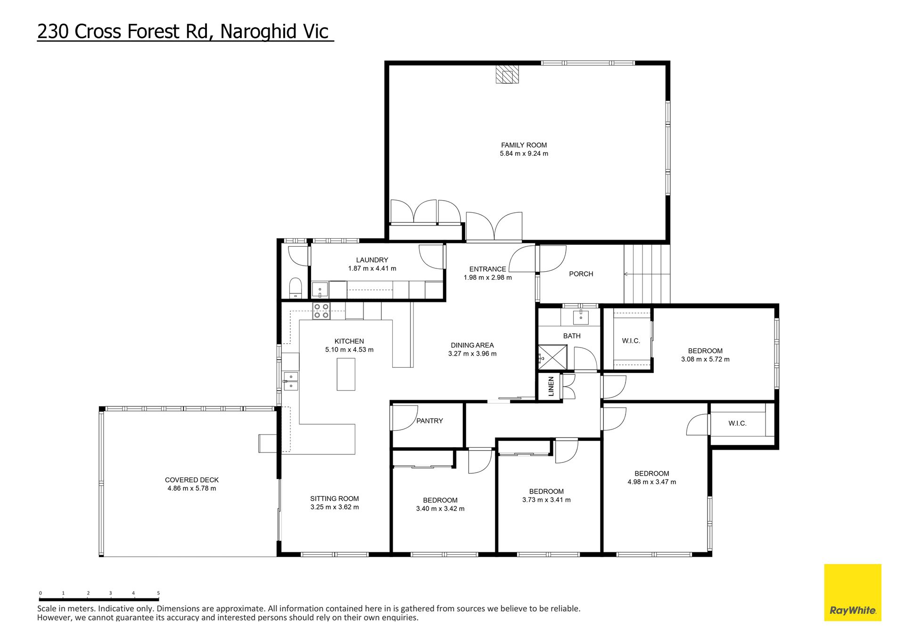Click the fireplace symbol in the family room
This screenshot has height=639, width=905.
(507, 74)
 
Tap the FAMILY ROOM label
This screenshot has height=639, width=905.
(524, 145)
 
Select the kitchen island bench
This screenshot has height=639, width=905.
(346, 374)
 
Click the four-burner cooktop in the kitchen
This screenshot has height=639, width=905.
(321, 311)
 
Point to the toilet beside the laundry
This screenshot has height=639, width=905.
(296, 288)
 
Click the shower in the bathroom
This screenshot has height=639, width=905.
(553, 357)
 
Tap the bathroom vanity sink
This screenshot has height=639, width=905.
(581, 317)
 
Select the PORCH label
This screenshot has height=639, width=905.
(581, 274)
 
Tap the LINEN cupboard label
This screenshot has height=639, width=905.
(551, 387)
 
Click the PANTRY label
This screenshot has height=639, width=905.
(429, 421)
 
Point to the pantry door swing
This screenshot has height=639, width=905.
(405, 418)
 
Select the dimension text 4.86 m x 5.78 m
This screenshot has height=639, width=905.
(192, 488)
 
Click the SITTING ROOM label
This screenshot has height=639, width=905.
(335, 499)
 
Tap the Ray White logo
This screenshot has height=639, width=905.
(853, 592)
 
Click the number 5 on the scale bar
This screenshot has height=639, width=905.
(158, 593)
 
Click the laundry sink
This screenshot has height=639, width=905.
(320, 290)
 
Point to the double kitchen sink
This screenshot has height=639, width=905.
(291, 381)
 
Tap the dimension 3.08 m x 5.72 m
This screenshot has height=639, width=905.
(705, 359)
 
